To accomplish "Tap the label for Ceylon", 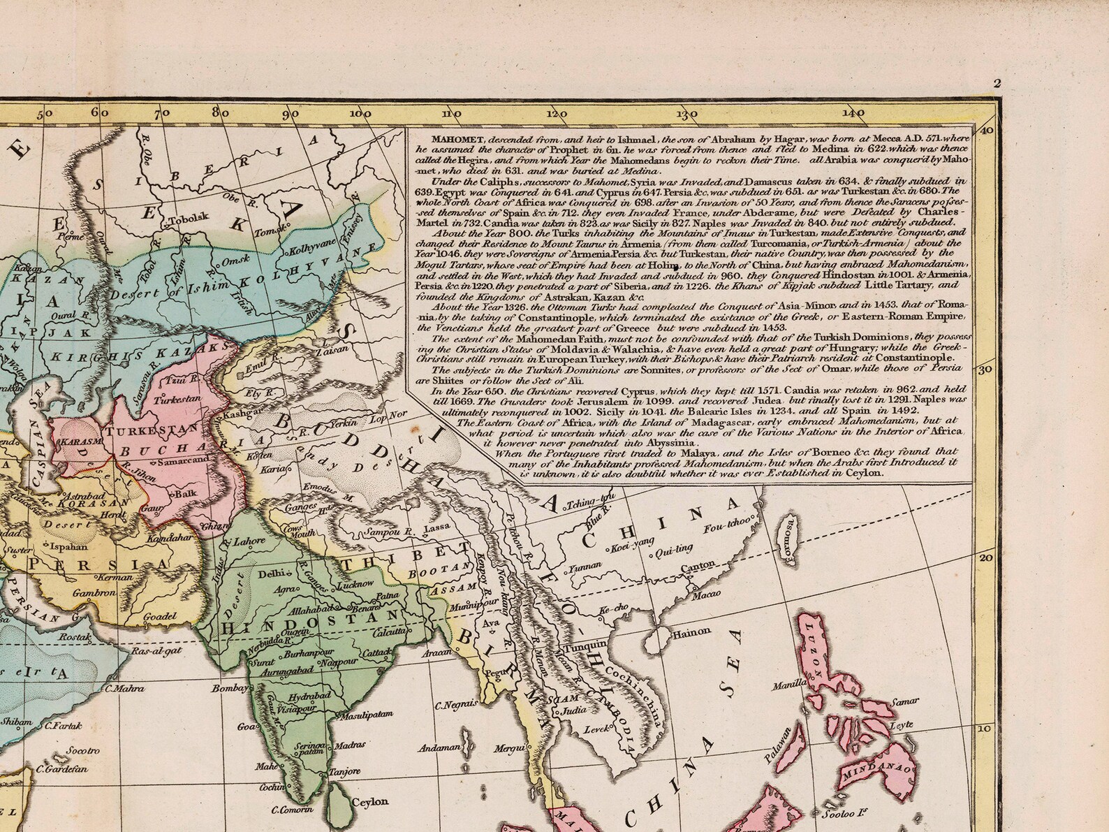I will pos(370,802).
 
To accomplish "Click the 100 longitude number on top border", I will pos(361,113).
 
